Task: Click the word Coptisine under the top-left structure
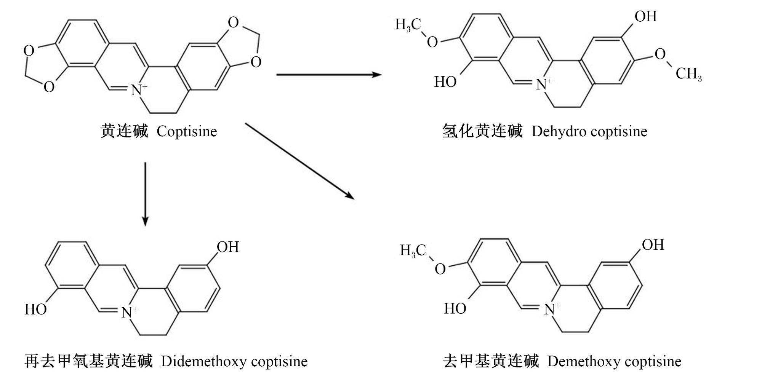pos(187,132)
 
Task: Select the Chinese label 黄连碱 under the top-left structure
pos(124,131)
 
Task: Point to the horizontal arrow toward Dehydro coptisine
pos(329,74)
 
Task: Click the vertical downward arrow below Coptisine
pos(145,194)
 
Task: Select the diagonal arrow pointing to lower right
pos(300,161)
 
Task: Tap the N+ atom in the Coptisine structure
pos(139,90)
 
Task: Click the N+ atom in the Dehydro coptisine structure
pos(544,84)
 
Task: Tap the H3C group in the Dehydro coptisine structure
pos(408,25)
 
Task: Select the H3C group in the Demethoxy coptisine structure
pos(413,251)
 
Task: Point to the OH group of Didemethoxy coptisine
pos(228,247)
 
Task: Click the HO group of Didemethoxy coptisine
pos(36,309)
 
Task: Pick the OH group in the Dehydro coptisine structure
pos(646,16)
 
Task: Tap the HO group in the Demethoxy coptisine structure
pos(455,308)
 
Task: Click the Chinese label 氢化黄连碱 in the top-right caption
pos(482,131)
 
